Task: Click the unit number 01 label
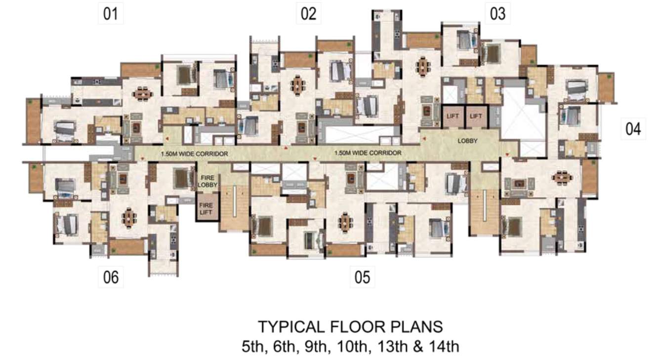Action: point(110,14)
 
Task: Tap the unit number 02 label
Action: point(308,13)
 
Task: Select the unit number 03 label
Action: point(497,13)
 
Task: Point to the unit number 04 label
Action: point(633,129)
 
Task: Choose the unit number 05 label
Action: point(362,277)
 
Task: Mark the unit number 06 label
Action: point(111,277)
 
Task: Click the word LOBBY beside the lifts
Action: point(468,141)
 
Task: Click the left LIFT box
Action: point(453,117)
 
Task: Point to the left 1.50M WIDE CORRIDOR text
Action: point(195,154)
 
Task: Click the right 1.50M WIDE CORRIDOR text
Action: point(368,153)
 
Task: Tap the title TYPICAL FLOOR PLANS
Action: point(350,327)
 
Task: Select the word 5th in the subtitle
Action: point(252,346)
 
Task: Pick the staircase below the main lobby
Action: point(485,207)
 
